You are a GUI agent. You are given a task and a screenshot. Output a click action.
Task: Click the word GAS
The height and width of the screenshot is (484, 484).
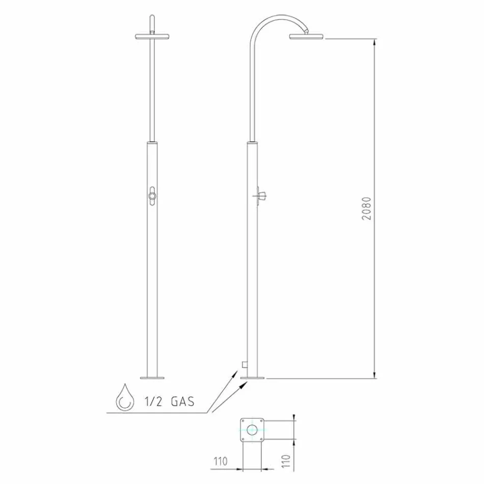pyautogui.click(x=182, y=401)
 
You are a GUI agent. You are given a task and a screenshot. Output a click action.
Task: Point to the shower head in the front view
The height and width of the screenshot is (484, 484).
pyautogui.click(x=151, y=37)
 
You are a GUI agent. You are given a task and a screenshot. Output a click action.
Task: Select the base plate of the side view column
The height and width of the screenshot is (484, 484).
pyautogui.click(x=253, y=378)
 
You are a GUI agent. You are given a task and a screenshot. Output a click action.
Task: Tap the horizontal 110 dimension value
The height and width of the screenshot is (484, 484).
pyautogui.click(x=220, y=462)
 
